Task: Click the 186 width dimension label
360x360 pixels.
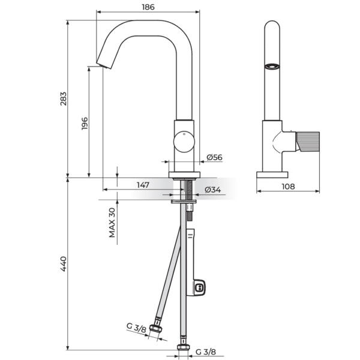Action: [x=148, y=7]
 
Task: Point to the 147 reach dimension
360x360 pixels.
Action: [x=142, y=185]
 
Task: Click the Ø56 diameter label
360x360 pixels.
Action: [x=214, y=157]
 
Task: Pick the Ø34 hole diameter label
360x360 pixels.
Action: [x=213, y=190]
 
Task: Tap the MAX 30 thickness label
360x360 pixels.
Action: [x=112, y=223]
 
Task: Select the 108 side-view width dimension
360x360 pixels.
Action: [x=288, y=186]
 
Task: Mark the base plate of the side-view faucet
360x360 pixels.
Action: [x=272, y=175]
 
